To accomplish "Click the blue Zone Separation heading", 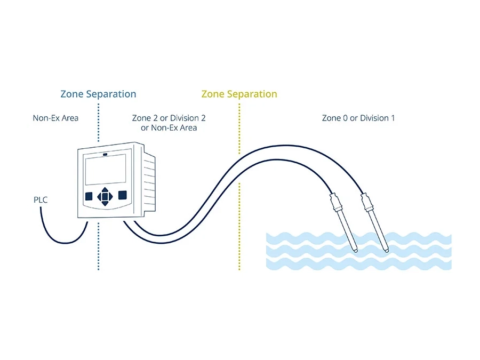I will point(98,94).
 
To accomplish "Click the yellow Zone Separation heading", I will point(239,94).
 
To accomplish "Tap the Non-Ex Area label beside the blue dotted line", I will point(55,118).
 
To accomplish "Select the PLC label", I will point(41,200).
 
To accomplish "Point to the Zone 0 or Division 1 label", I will point(358,118).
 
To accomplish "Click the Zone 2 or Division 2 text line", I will point(169,118).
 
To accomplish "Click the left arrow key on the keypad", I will point(99,196).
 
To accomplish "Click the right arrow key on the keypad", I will point(111,196).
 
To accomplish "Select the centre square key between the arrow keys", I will point(105,196).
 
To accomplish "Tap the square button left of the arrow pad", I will point(89,195).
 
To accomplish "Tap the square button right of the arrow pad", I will point(122,195).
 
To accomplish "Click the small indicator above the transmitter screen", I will point(105,154).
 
